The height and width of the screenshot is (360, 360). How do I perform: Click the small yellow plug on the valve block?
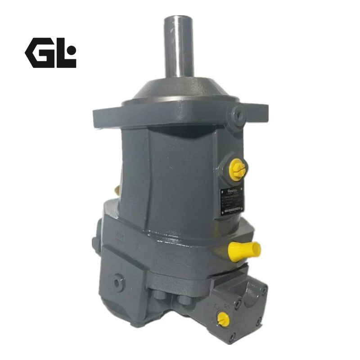(x=221, y=319)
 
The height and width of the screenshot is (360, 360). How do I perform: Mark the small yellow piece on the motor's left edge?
(x=117, y=191)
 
